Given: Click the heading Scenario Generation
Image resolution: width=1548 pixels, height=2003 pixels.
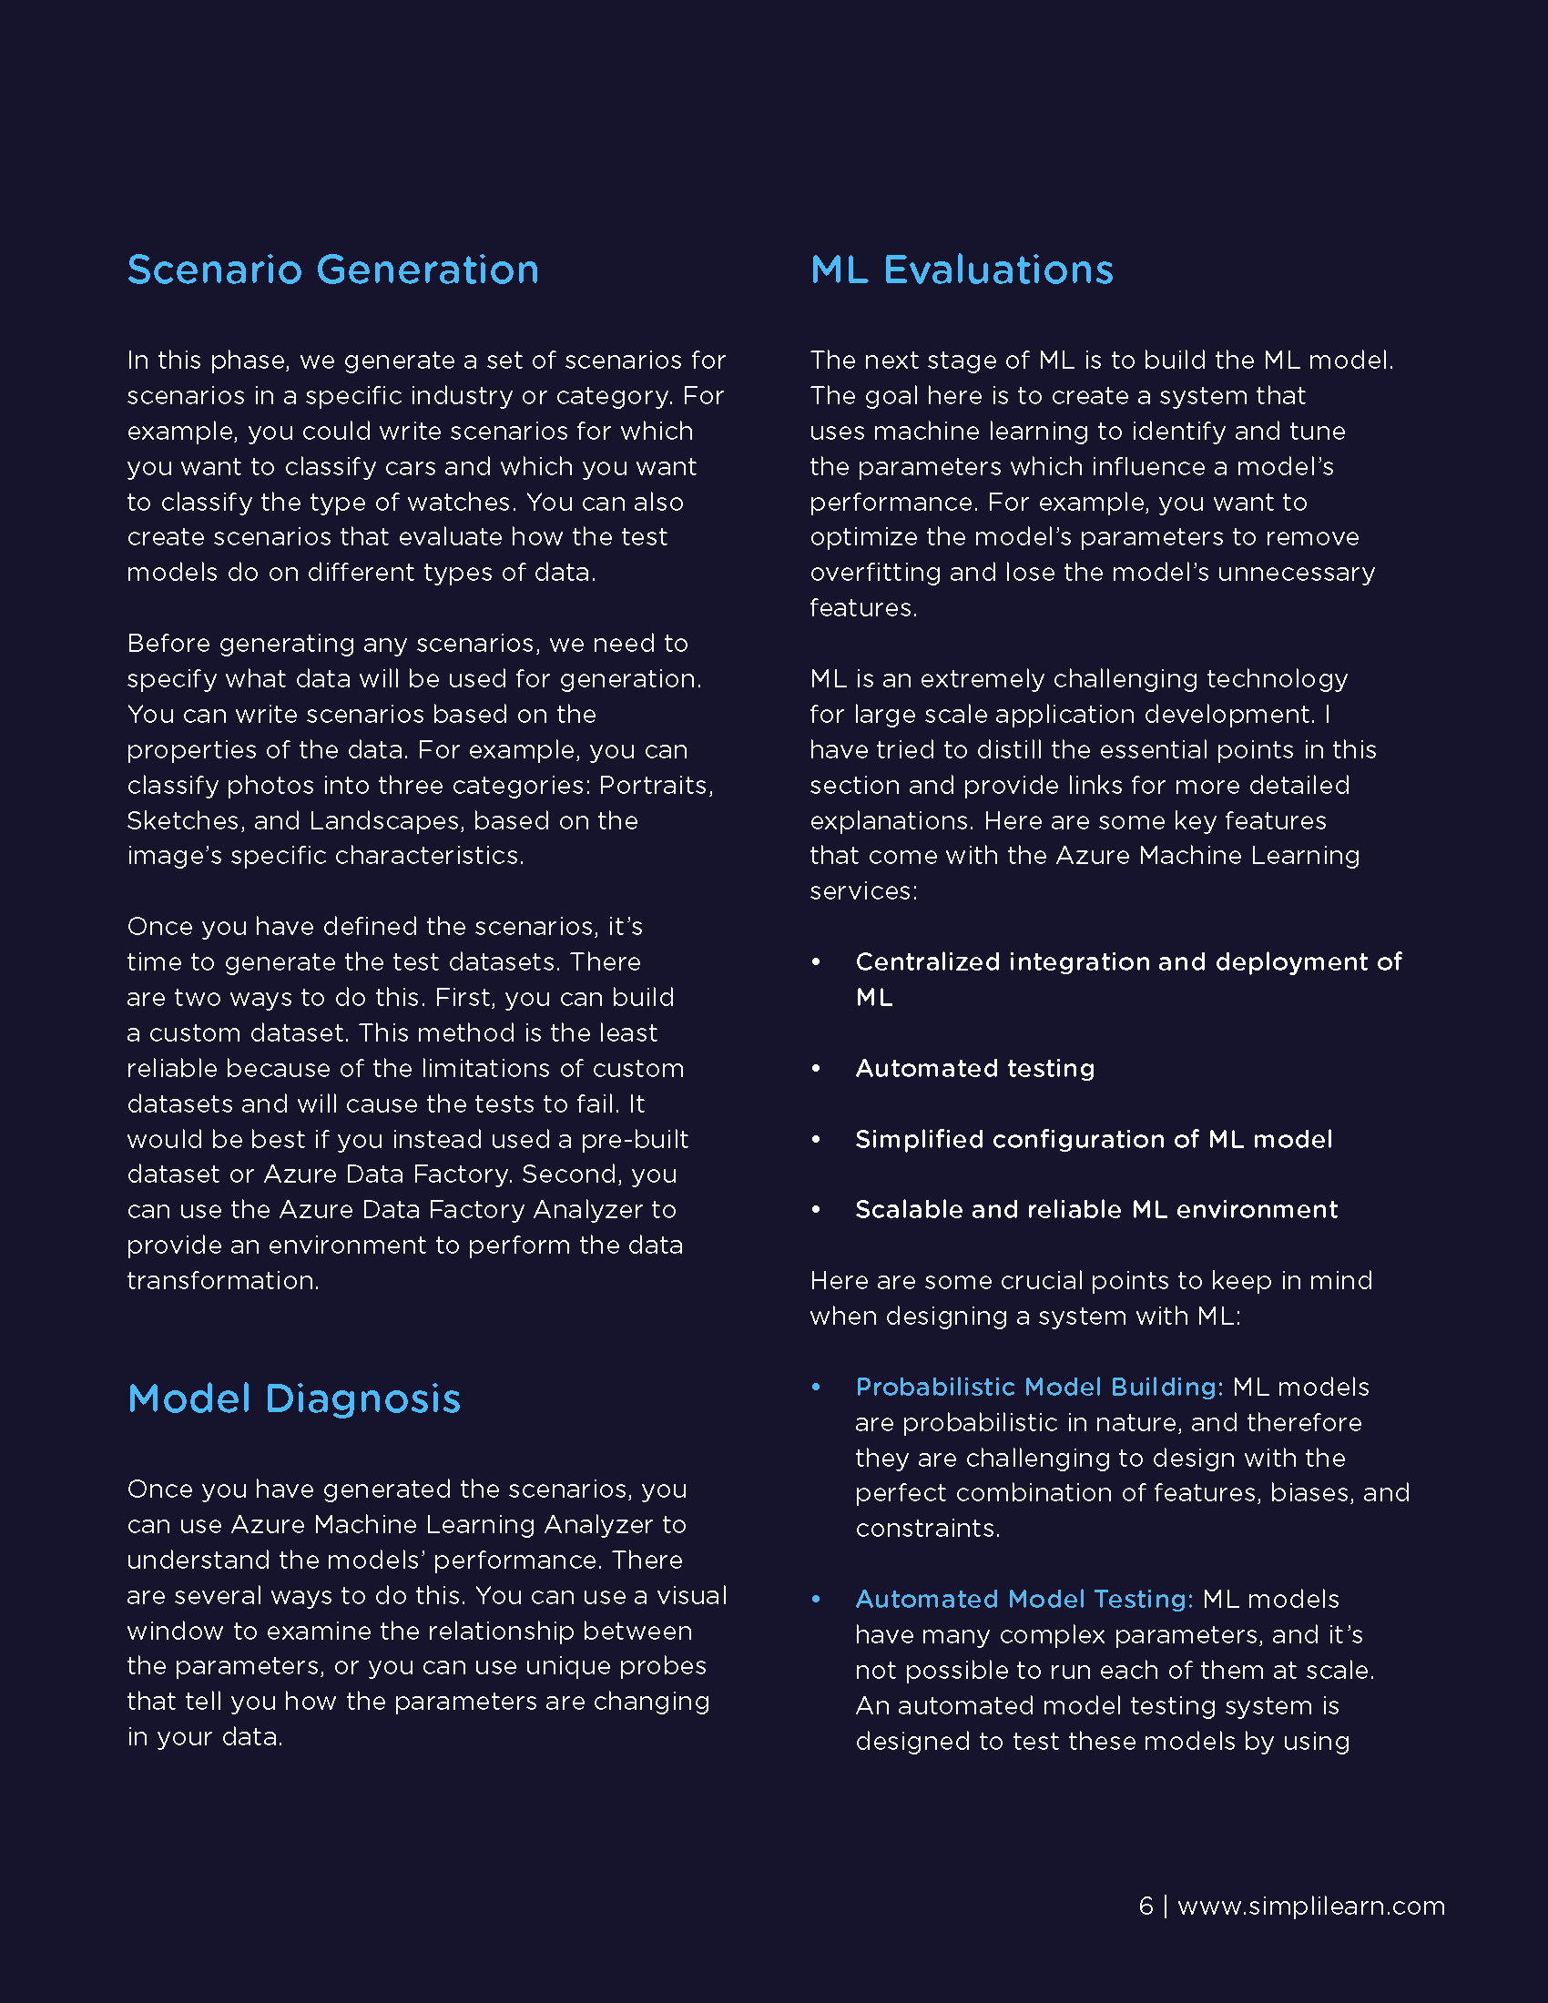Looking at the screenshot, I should [x=333, y=269].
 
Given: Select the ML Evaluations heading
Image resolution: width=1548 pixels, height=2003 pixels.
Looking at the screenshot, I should [x=961, y=269].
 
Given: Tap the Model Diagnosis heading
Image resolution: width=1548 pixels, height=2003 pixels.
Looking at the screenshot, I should [x=293, y=1398].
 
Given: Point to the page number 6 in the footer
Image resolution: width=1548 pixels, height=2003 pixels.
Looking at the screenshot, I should [x=1146, y=1906].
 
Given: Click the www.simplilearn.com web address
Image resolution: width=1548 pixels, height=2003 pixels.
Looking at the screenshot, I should [x=1310, y=1906].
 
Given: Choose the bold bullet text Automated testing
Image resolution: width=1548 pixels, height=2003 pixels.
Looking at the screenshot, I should [x=975, y=1069].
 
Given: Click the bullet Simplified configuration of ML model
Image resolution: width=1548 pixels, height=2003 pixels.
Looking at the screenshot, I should [x=1093, y=1139].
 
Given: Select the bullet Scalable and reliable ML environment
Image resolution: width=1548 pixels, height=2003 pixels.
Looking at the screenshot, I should [x=1095, y=1210].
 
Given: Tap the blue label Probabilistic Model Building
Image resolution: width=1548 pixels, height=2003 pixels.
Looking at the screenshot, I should [x=1039, y=1387].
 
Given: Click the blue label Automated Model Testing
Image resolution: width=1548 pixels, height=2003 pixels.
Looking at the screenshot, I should [x=1024, y=1600].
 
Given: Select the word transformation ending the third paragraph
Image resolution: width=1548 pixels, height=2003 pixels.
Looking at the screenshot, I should [x=223, y=1281].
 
